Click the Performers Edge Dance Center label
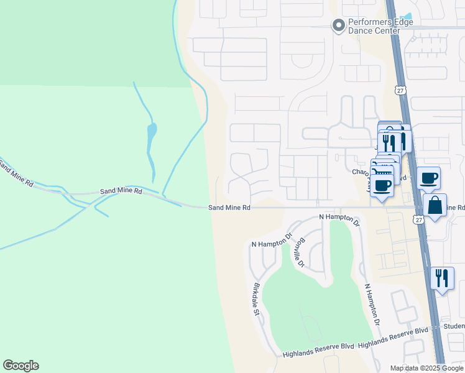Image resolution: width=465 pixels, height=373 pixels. click(x=380, y=25)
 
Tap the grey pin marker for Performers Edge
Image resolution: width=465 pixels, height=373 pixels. click(x=339, y=25)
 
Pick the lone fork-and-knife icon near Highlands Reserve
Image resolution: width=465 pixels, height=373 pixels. click(x=441, y=278)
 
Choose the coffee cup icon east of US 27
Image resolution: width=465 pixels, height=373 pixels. click(x=428, y=178)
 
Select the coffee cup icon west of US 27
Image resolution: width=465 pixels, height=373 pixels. click(x=382, y=185)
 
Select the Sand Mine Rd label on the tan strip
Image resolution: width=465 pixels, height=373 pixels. click(x=229, y=208)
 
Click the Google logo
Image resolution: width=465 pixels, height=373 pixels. click(x=21, y=366)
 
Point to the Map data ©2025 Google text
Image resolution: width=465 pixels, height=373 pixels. click(x=427, y=368)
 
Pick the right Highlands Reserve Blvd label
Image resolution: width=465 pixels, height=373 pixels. click(x=394, y=344)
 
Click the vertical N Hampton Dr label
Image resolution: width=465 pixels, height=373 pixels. click(x=371, y=305)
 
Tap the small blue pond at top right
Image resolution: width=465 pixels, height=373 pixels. click(x=407, y=16)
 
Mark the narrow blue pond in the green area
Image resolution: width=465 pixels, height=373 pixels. click(x=151, y=141)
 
